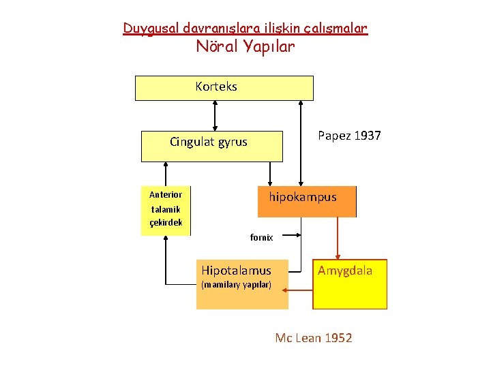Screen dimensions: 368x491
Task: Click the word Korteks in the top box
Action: (216, 87)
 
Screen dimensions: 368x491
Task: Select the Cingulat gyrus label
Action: (209, 142)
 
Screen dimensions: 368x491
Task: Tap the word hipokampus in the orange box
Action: (302, 197)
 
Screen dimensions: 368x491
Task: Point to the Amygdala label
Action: (345, 271)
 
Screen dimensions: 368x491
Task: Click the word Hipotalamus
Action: (236, 271)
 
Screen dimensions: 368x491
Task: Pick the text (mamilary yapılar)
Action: (236, 284)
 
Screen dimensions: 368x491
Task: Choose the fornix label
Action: (261, 238)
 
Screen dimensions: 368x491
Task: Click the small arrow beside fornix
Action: (292, 236)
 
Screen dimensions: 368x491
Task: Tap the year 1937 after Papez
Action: (368, 136)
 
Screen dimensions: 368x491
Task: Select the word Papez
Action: (334, 136)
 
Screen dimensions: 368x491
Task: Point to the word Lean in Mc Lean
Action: (304, 338)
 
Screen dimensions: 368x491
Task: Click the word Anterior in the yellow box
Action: (166, 195)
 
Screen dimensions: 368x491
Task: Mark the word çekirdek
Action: (166, 223)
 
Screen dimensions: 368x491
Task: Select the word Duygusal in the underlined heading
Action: (146, 29)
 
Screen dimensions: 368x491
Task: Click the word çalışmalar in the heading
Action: (338, 29)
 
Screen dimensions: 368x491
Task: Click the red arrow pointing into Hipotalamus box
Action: (300, 289)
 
